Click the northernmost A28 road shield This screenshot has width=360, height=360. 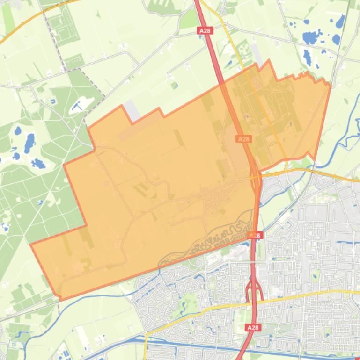point(205,30)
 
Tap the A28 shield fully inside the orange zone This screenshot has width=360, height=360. point(243,139)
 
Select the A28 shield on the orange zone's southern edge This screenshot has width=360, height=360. point(254,235)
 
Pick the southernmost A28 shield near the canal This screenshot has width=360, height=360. point(252,327)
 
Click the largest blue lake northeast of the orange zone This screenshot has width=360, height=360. point(310,37)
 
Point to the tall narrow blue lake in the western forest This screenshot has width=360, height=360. point(29,140)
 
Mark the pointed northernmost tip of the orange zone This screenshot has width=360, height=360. point(269,60)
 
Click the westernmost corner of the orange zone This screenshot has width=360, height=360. point(31,245)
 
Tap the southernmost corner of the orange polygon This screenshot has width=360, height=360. point(60,300)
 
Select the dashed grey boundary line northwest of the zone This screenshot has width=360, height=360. point(60,47)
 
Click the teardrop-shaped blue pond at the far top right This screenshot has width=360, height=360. point(339,21)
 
